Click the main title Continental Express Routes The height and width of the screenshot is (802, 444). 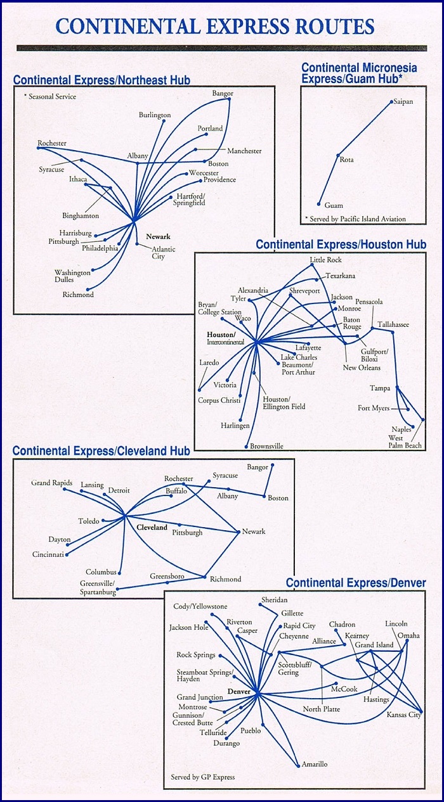pyautogui.click(x=214, y=26)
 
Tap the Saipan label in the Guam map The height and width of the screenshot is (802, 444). pyautogui.click(x=403, y=101)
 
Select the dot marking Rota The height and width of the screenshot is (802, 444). pyautogui.click(x=337, y=155)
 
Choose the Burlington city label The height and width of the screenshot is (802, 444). pyautogui.click(x=155, y=115)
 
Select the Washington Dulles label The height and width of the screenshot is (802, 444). pyautogui.click(x=72, y=276)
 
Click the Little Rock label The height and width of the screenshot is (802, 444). pyautogui.click(x=325, y=260)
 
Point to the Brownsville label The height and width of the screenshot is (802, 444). pyautogui.click(x=266, y=446)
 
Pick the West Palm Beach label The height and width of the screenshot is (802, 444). pyautogui.click(x=405, y=442)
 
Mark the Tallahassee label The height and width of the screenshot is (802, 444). pyautogui.click(x=393, y=324)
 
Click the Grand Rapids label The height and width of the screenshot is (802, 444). pyautogui.click(x=50, y=483)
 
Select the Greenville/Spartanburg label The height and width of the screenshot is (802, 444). pyautogui.click(x=98, y=587)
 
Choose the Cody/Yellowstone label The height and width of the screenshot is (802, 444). pyautogui.click(x=200, y=606)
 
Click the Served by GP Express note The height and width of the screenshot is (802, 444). pyautogui.click(x=202, y=777)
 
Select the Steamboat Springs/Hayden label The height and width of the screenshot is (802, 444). pyautogui.click(x=205, y=675)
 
